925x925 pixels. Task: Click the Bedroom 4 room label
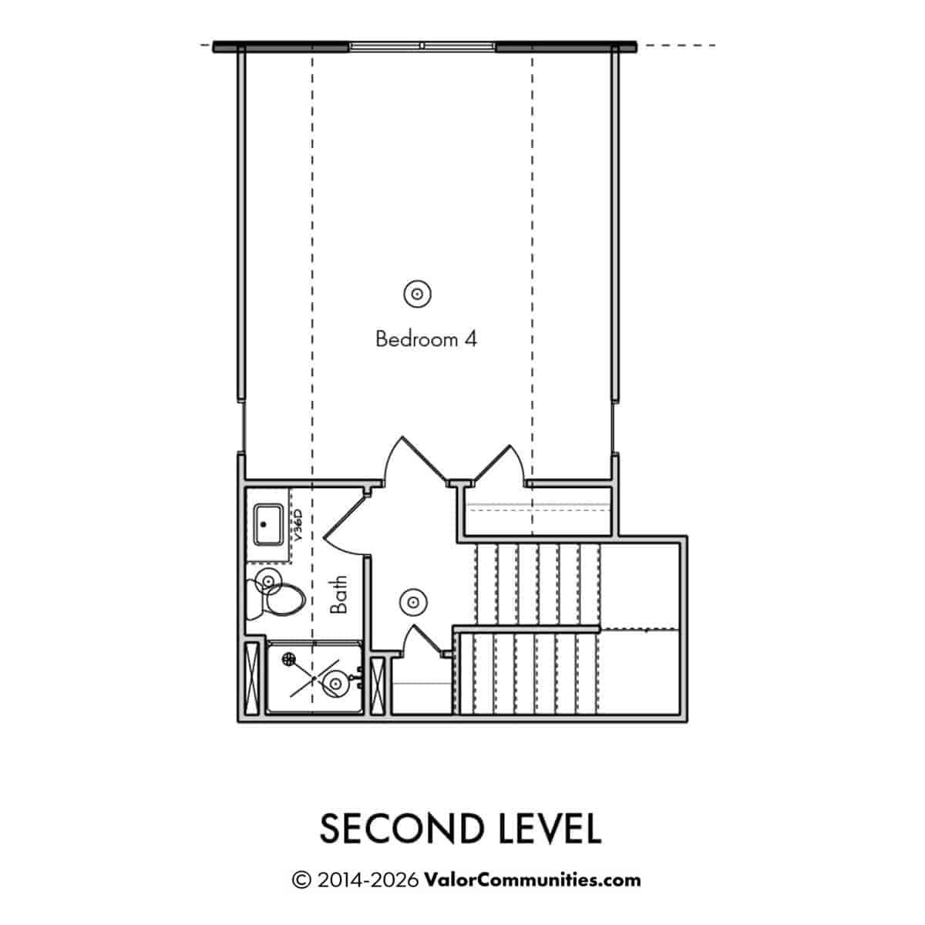(425, 339)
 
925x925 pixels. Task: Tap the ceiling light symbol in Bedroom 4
(417, 293)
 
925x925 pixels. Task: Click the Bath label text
(339, 595)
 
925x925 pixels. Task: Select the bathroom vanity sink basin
(268, 524)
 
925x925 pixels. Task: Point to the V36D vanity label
(298, 526)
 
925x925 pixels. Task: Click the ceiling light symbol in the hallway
(413, 602)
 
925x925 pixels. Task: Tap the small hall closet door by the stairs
(422, 640)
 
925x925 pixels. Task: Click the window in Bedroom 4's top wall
(422, 46)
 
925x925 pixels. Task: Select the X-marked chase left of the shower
(252, 678)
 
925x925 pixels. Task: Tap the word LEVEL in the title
(550, 829)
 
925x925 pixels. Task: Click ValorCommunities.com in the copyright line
(533, 880)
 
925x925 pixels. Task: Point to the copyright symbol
(301, 880)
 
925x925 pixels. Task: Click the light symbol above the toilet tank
(268, 582)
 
